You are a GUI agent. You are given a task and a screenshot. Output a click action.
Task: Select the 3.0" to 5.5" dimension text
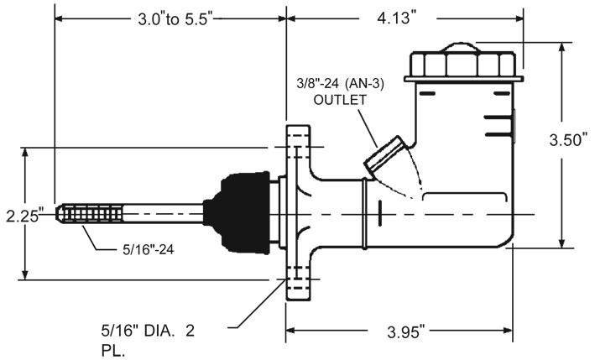click(x=174, y=19)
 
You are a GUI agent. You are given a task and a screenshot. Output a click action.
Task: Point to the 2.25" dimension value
click(x=23, y=217)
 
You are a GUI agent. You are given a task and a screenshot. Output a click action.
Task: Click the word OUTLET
click(x=340, y=100)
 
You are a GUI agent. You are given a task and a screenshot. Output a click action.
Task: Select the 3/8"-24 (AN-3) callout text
click(x=340, y=83)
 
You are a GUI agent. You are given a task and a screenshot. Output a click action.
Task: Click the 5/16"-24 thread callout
click(x=149, y=249)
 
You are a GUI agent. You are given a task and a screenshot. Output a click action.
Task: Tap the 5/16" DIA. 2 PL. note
click(x=148, y=341)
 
